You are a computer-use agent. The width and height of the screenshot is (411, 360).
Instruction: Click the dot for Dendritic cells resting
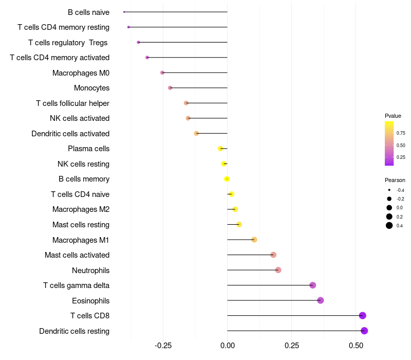364,331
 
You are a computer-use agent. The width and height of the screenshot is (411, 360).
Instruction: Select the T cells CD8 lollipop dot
363,316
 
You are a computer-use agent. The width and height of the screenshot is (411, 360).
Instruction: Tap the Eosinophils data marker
321,300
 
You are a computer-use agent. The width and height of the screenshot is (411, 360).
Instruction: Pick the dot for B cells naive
124,12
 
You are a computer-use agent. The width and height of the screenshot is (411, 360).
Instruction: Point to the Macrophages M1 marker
254,240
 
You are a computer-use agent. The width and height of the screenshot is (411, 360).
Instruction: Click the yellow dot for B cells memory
227,179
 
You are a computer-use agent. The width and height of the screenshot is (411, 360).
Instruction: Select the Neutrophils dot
278,270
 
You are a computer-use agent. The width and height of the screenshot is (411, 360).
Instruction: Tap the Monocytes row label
91,88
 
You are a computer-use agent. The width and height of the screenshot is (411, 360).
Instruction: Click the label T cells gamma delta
76,285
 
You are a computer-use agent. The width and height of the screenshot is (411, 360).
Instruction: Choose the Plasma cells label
88,149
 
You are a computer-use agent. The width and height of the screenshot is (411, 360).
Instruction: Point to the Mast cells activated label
77,255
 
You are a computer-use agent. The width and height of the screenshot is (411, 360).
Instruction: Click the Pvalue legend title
393,116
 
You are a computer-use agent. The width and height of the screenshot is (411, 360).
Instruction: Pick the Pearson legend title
395,180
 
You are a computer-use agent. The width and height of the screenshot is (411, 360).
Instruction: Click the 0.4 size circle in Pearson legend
389,225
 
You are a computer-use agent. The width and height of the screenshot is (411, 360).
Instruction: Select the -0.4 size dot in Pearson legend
389,190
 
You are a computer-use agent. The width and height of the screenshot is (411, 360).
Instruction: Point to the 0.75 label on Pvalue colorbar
401,133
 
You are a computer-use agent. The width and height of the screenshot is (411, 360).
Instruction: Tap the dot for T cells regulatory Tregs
138,42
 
